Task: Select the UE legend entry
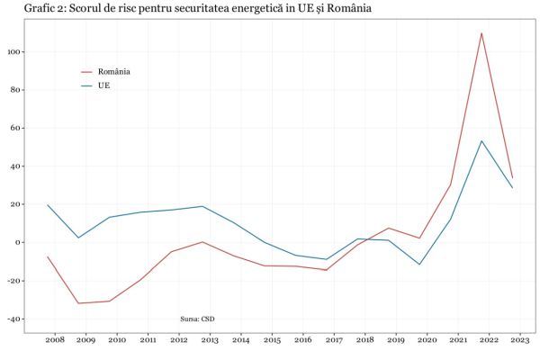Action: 103,86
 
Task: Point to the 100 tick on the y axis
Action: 15,52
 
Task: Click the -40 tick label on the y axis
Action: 13,319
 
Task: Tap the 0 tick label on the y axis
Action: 18,242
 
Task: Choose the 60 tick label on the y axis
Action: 16,128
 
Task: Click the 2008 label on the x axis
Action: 55,341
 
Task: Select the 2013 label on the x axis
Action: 209,341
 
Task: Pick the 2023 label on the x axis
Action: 518,341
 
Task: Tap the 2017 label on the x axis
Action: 333,341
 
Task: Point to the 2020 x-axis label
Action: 426,341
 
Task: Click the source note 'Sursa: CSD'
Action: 197,319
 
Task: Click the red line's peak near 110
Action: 481,33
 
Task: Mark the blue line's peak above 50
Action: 481,140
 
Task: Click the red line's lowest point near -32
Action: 79,303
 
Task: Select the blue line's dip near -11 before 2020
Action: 419,264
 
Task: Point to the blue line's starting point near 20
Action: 48,205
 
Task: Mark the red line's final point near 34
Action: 512,178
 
